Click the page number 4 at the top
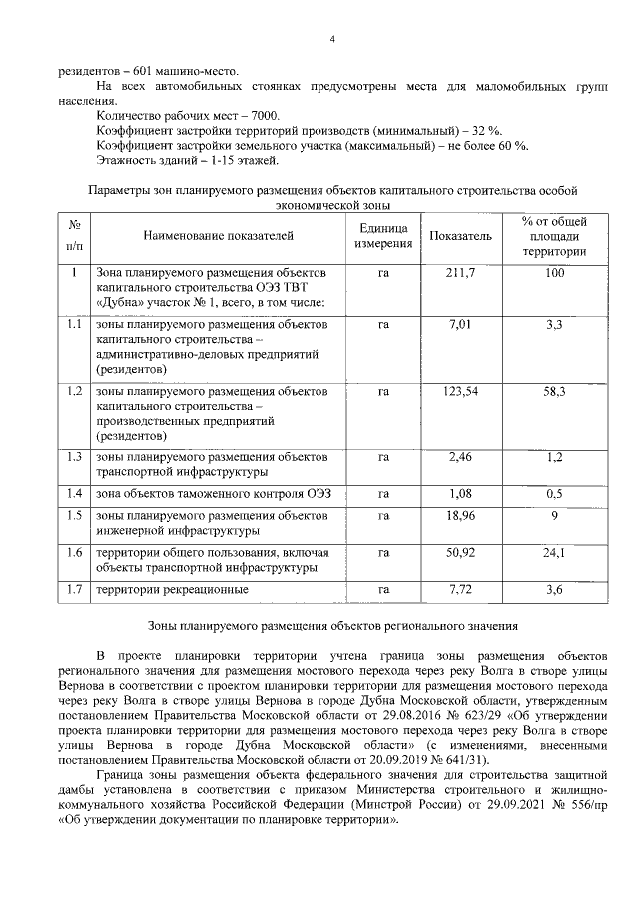point(332,38)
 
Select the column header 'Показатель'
point(460,236)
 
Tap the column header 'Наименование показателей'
point(219,236)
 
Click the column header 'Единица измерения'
point(383,236)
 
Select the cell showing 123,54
point(460,392)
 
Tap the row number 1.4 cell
point(73,493)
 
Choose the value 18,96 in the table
point(460,516)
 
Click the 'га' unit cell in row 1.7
point(383,590)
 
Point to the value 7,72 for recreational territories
point(460,590)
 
